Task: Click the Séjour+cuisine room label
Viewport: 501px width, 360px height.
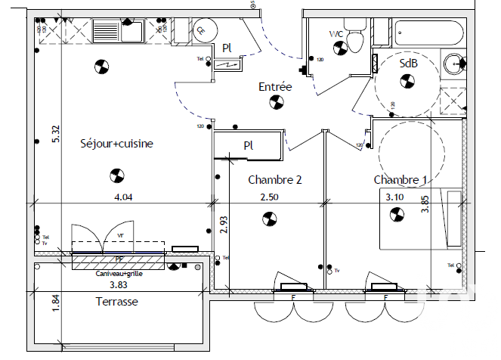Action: click(117, 143)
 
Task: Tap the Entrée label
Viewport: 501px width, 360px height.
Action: click(275, 87)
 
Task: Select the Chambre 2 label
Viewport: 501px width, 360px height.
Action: click(275, 180)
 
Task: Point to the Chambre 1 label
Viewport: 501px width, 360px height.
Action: click(400, 180)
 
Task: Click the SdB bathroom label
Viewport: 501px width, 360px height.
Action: click(408, 64)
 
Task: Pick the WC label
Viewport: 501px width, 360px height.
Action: click(337, 34)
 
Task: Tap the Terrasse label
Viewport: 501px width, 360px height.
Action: click(118, 301)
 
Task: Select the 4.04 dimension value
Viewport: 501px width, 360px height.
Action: click(123, 197)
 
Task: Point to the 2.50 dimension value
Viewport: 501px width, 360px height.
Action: click(270, 197)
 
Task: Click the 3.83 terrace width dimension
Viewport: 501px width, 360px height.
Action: click(119, 285)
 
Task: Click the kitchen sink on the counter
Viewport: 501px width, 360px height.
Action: click(117, 31)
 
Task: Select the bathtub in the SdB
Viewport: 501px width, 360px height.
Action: click(428, 33)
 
